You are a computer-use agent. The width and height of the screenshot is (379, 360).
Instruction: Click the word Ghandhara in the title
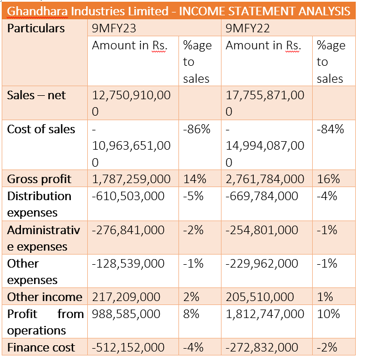click(x=37, y=11)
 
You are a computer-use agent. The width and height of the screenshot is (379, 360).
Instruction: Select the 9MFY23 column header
click(x=114, y=28)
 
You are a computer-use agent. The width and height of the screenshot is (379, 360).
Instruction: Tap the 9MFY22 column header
click(x=248, y=28)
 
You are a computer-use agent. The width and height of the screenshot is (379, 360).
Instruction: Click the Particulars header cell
click(x=36, y=28)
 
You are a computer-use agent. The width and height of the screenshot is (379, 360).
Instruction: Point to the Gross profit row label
click(x=39, y=179)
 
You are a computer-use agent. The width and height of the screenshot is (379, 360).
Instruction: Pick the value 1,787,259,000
click(x=131, y=179)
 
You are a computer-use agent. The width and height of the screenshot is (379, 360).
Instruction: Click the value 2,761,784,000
click(x=265, y=179)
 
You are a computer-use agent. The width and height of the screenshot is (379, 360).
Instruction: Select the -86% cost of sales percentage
click(x=197, y=129)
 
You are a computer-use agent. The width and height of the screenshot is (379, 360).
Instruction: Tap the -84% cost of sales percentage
click(x=330, y=129)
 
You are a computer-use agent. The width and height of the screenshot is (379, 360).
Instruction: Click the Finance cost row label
click(x=41, y=348)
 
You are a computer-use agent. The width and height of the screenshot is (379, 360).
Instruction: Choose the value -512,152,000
click(x=128, y=348)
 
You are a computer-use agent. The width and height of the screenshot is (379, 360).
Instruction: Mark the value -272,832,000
click(x=262, y=348)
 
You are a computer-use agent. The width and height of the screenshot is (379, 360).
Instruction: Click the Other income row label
click(x=45, y=297)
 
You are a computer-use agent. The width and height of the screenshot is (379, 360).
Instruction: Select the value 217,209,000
click(x=126, y=297)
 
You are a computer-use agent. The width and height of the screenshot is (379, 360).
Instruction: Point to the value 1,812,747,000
click(x=265, y=314)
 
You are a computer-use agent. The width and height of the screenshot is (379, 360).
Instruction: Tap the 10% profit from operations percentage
click(x=328, y=314)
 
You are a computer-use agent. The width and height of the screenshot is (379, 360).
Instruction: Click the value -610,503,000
click(x=128, y=196)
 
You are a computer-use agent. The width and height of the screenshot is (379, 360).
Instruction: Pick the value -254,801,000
click(x=262, y=230)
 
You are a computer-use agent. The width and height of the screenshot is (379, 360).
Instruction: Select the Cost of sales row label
click(x=41, y=129)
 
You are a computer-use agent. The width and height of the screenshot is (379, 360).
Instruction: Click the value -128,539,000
click(x=128, y=264)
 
